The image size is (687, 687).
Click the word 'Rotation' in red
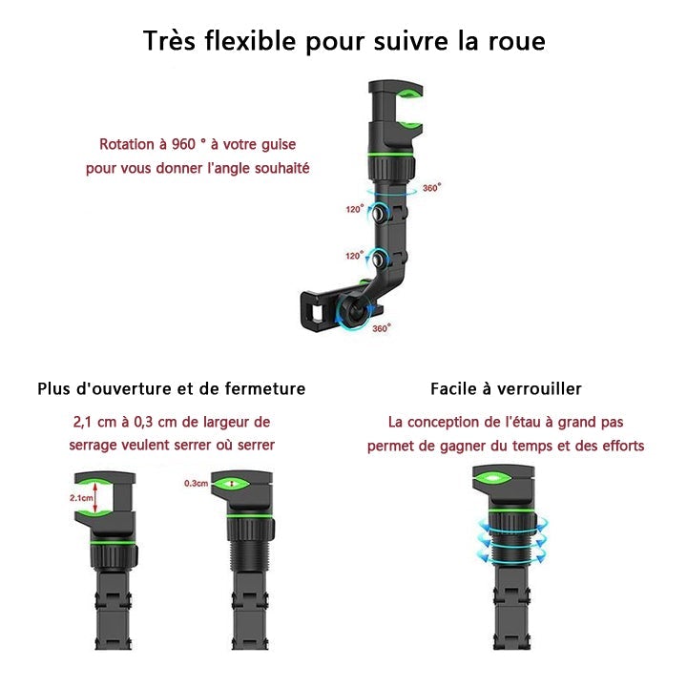[128, 144]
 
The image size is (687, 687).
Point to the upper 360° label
[431, 188]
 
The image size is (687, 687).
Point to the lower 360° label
[382, 328]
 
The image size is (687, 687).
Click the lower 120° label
[354, 256]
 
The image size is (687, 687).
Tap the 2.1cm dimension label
[83, 498]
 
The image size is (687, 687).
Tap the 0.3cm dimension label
[196, 484]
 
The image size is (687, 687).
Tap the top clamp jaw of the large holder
[396, 93]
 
